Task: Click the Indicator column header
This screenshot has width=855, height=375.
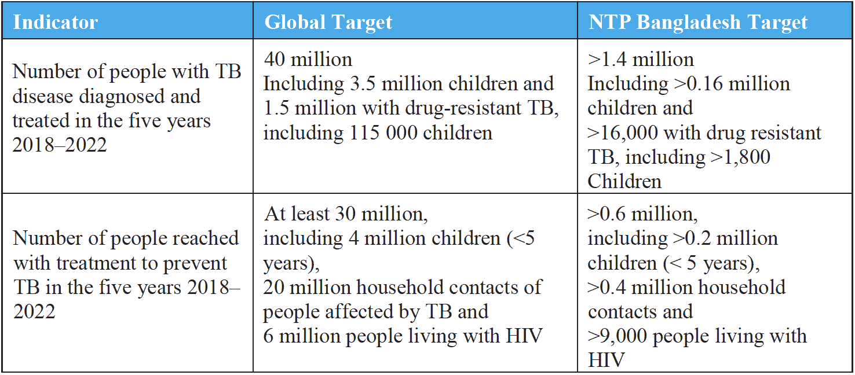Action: [x=56, y=23]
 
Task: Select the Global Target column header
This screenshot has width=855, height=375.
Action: [x=328, y=23]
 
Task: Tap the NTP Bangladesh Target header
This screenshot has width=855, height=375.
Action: [x=697, y=23]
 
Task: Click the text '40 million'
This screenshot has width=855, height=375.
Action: [x=308, y=59]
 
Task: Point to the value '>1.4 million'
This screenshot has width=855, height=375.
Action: [x=641, y=59]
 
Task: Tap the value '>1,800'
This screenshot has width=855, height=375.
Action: [x=738, y=157]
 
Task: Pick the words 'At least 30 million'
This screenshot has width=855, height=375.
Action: [x=346, y=214]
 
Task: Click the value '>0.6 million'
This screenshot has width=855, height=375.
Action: [x=642, y=214]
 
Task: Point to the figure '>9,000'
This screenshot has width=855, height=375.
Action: [x=617, y=336]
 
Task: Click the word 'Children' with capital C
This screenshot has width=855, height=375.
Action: [x=624, y=181]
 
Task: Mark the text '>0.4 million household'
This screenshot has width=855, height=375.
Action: [x=686, y=288]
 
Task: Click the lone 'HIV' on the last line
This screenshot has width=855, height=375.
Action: [x=606, y=361]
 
